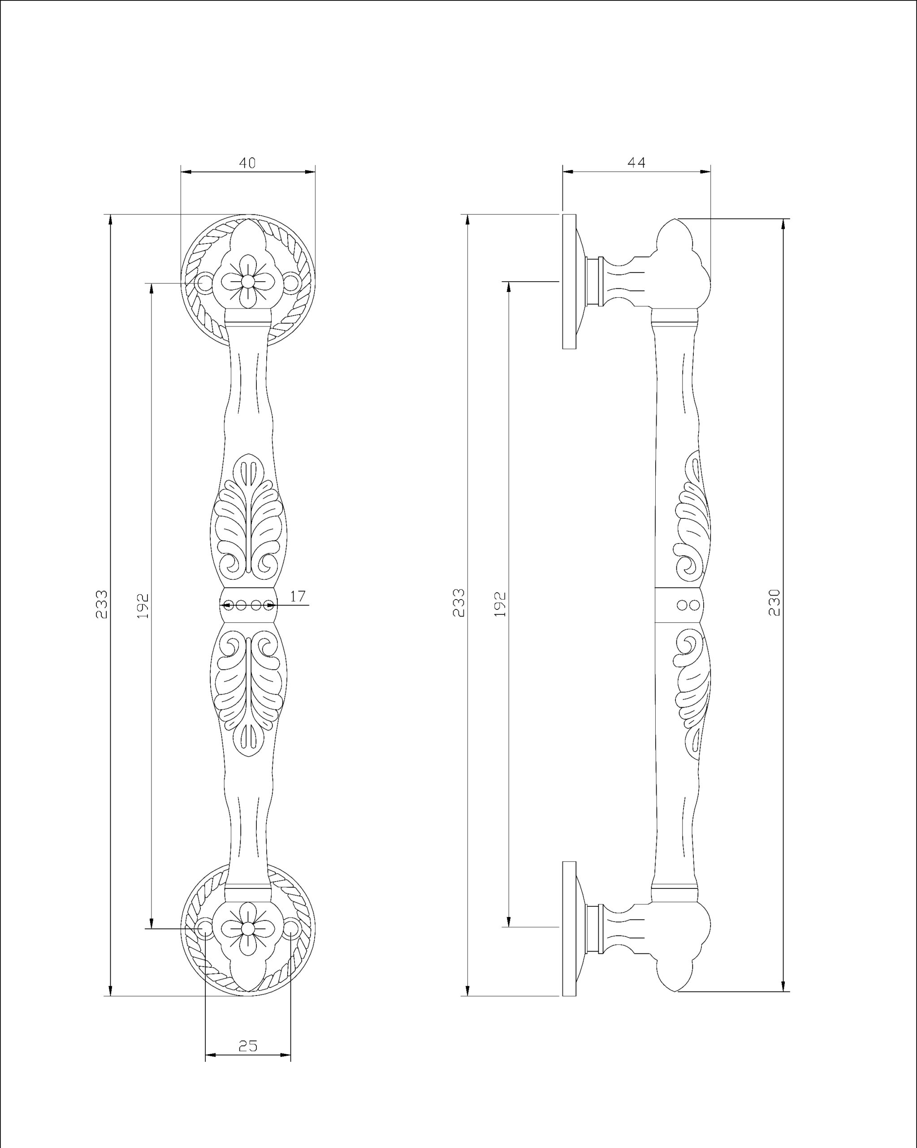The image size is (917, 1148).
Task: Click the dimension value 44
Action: click(x=636, y=163)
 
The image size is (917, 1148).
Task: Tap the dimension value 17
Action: click(x=298, y=596)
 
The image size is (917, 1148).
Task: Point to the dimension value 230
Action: click(x=774, y=602)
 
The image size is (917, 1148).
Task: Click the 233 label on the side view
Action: click(x=459, y=603)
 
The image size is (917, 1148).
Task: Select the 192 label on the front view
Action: click(x=143, y=605)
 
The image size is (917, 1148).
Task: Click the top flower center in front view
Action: click(x=247, y=281)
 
